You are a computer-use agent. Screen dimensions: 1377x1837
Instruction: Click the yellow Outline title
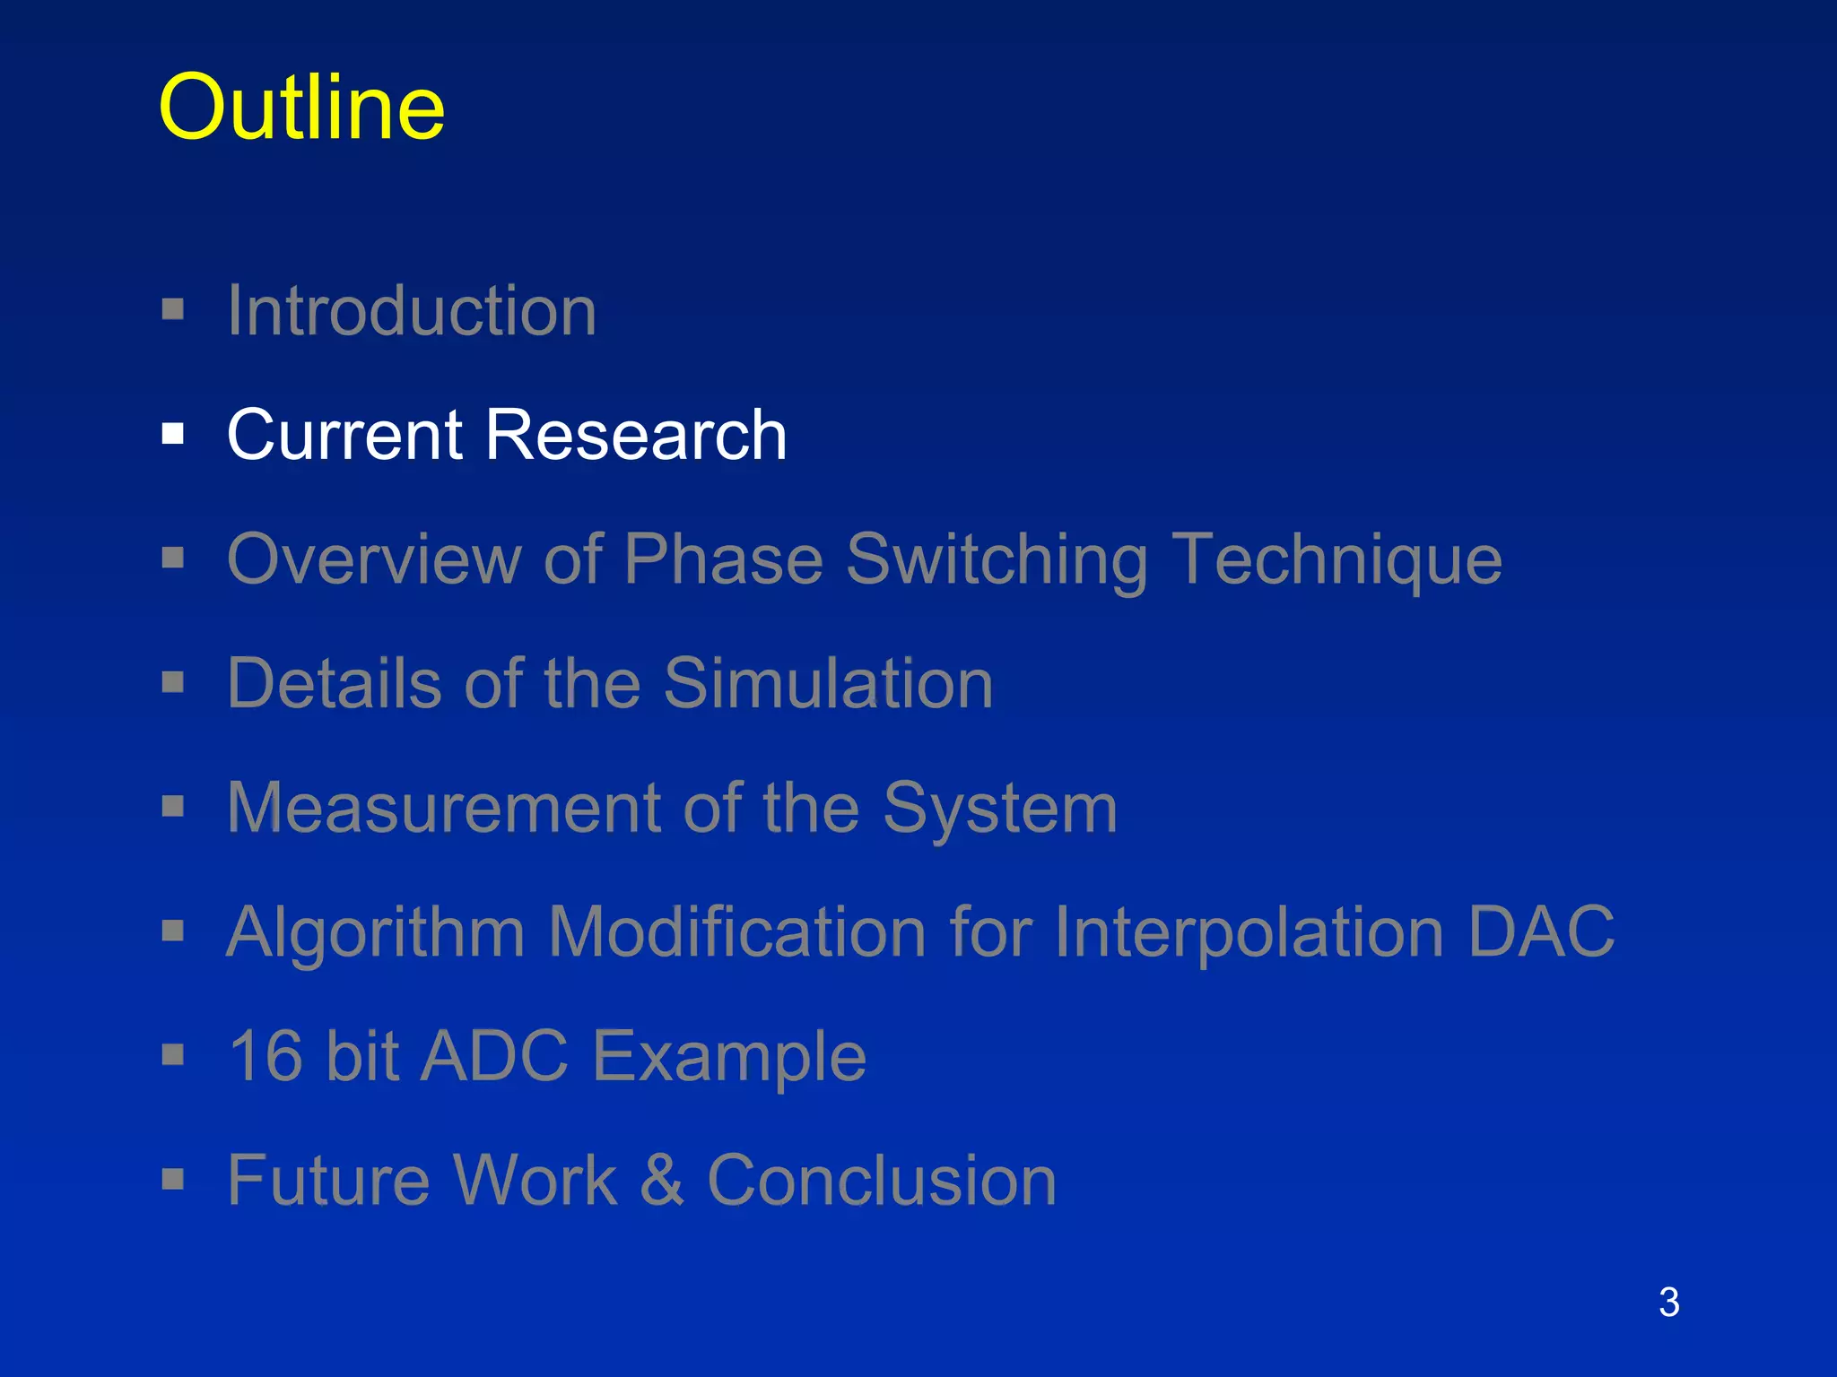[301, 108]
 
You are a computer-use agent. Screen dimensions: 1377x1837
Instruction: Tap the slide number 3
[1668, 1303]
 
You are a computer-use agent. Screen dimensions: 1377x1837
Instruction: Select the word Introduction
[412, 310]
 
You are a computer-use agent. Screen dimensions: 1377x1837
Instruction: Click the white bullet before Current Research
[173, 435]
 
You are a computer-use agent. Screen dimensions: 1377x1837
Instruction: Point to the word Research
[636, 435]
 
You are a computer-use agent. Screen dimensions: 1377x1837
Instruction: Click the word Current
[345, 435]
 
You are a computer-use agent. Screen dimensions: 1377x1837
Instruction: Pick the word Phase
[723, 559]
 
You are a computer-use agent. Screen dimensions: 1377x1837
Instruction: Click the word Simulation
[828, 683]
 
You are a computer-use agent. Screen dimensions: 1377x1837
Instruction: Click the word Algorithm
[375, 932]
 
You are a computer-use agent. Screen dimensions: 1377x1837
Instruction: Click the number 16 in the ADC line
[266, 1056]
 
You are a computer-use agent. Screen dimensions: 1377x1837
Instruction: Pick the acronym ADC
[494, 1056]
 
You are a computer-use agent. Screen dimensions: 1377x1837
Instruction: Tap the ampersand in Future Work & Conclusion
[662, 1180]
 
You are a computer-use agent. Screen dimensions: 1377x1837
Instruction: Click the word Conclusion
[882, 1180]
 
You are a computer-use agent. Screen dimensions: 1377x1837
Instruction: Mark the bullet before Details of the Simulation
[173, 683]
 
